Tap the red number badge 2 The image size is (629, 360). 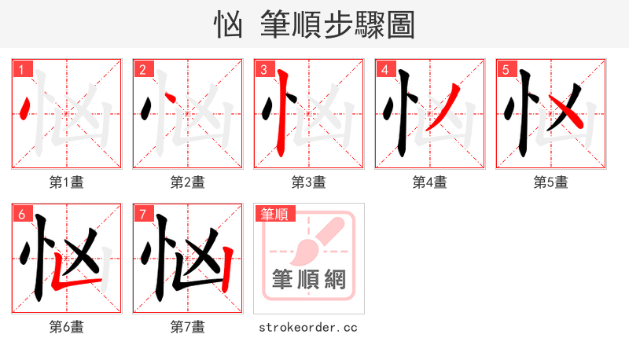click(x=142, y=70)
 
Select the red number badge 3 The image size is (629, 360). click(x=263, y=70)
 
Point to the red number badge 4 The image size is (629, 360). click(x=384, y=70)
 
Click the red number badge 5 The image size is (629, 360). click(x=506, y=70)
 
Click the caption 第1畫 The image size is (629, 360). click(x=67, y=182)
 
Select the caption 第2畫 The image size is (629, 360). click(x=188, y=182)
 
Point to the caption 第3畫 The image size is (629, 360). click(x=309, y=182)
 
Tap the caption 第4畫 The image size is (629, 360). click(x=430, y=182)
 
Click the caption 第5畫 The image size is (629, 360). click(x=551, y=182)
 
